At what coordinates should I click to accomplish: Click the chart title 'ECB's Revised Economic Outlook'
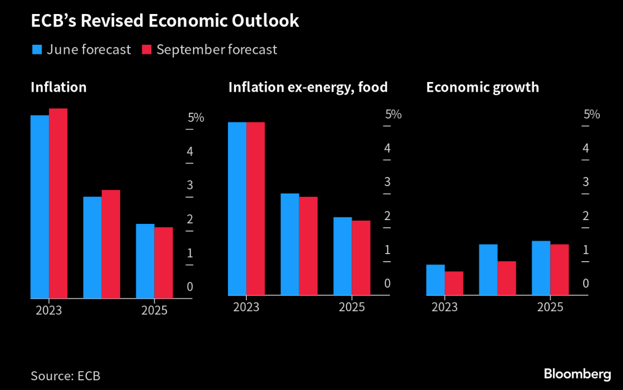tap(164, 20)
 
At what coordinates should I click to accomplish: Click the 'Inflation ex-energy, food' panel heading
tap(308, 87)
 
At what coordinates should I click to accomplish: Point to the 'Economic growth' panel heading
tap(482, 87)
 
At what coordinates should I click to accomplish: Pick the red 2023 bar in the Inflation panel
tap(58, 203)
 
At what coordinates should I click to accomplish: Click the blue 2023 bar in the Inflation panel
tap(40, 207)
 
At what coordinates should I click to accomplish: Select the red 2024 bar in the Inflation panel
tap(111, 244)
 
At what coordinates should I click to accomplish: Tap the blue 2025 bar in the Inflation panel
tap(145, 261)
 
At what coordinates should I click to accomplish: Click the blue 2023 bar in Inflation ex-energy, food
tap(237, 208)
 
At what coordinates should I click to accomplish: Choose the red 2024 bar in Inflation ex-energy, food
tap(308, 246)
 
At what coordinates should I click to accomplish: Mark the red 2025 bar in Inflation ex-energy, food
tap(361, 258)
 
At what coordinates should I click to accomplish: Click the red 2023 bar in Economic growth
tap(454, 283)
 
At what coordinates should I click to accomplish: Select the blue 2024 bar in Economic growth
tap(488, 270)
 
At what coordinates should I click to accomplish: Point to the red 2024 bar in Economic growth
tap(507, 278)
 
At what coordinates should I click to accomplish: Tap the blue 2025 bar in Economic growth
tap(541, 268)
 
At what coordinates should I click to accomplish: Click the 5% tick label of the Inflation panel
tap(195, 118)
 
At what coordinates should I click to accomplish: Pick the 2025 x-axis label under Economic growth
tap(550, 307)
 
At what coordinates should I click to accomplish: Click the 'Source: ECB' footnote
tap(65, 375)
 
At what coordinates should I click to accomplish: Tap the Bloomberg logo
tap(577, 374)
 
